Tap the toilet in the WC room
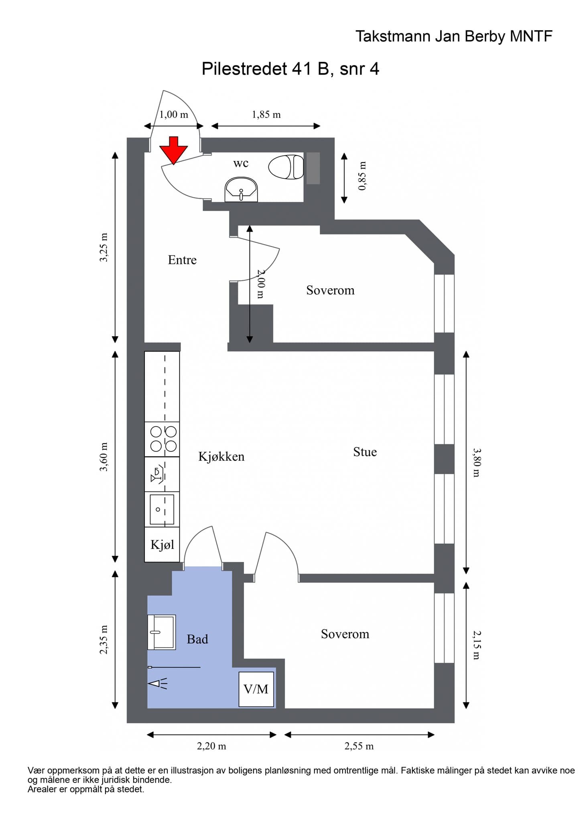(286, 167)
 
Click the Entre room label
(182, 260)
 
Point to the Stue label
(365, 452)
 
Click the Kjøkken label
(221, 457)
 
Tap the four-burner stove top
(162, 439)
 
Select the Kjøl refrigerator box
(162, 544)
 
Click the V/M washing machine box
(256, 689)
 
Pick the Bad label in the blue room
(197, 639)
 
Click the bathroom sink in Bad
(162, 632)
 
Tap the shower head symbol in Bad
(158, 683)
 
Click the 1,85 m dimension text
(266, 114)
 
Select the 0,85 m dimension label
(362, 176)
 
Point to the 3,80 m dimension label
(476, 463)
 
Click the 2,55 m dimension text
(359, 746)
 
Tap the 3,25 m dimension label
(104, 248)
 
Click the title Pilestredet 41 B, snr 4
(290, 69)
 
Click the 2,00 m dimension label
(260, 284)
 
